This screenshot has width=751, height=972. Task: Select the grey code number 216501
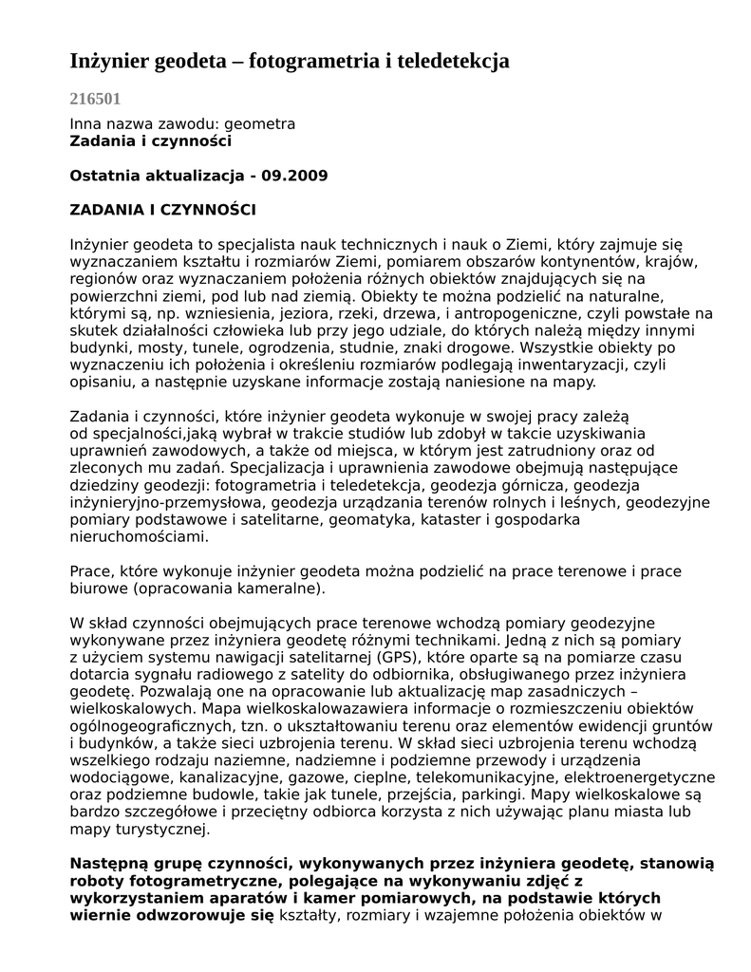(95, 98)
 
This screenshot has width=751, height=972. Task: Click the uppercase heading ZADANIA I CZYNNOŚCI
(163, 210)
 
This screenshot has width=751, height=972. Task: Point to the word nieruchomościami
(138, 536)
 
